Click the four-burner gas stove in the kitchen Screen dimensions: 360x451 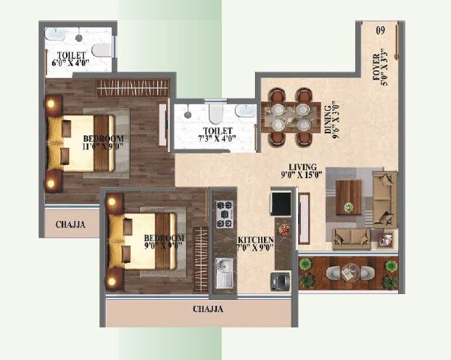point(223,212)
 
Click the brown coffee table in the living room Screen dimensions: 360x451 point(349,197)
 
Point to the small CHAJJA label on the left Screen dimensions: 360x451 point(71,225)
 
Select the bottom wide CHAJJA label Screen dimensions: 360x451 point(208,309)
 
